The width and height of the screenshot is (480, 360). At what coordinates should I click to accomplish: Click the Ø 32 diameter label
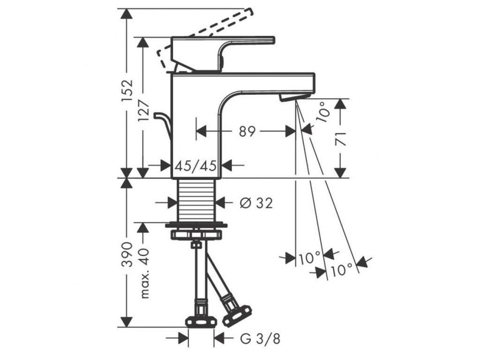[255, 203]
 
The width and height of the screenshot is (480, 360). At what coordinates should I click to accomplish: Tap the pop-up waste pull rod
[165, 124]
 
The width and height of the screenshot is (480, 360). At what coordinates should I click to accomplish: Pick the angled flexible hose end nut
[237, 315]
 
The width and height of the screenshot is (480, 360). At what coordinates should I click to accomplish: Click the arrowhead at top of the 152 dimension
[125, 14]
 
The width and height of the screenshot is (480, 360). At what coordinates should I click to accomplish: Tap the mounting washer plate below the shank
[196, 225]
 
